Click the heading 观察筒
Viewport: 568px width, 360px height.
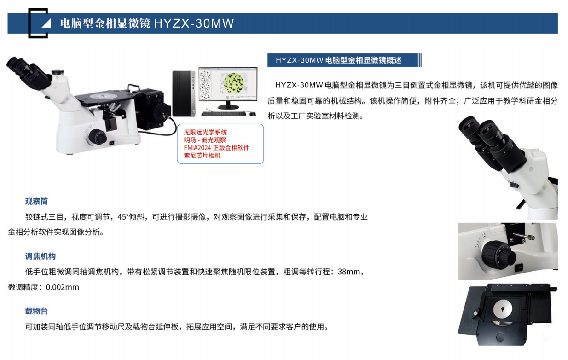tap(36, 202)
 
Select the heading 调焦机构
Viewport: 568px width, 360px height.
tap(40, 256)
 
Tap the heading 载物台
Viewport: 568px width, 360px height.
tap(36, 311)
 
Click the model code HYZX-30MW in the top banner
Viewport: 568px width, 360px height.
tap(194, 23)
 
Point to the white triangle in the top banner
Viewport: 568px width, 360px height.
tap(46, 23)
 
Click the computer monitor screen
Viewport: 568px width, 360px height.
tap(228, 84)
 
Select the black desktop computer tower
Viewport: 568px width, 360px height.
tap(184, 93)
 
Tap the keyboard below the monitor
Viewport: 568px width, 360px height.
tap(224, 114)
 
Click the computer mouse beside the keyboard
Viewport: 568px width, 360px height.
tap(252, 114)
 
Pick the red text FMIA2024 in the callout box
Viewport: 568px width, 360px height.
tap(197, 148)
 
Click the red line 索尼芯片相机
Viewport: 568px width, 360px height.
tap(202, 156)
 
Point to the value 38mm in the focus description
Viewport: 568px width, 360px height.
tap(349, 272)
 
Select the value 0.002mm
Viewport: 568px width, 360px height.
tap(63, 287)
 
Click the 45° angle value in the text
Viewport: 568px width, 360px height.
tap(123, 217)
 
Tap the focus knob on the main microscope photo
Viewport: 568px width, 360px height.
tap(97, 137)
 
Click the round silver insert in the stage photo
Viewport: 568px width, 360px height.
tap(503, 308)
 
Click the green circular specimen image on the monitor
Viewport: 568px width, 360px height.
tap(233, 83)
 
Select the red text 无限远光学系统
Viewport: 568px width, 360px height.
tap(205, 132)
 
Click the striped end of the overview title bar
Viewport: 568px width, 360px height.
tap(419, 60)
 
